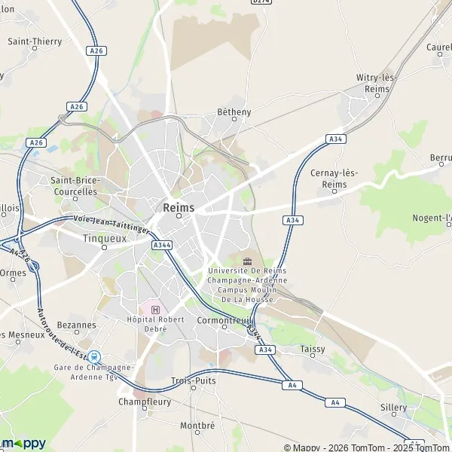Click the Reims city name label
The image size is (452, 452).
179,207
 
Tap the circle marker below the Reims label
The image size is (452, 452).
179,216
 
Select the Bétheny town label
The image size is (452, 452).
234,112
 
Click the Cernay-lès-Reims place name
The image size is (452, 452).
334,178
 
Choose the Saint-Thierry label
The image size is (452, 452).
34,41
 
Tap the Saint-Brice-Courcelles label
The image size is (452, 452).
74,186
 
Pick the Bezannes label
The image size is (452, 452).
75,325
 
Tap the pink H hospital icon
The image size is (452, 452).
156,310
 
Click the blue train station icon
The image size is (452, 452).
94,356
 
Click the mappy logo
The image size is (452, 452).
23,443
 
